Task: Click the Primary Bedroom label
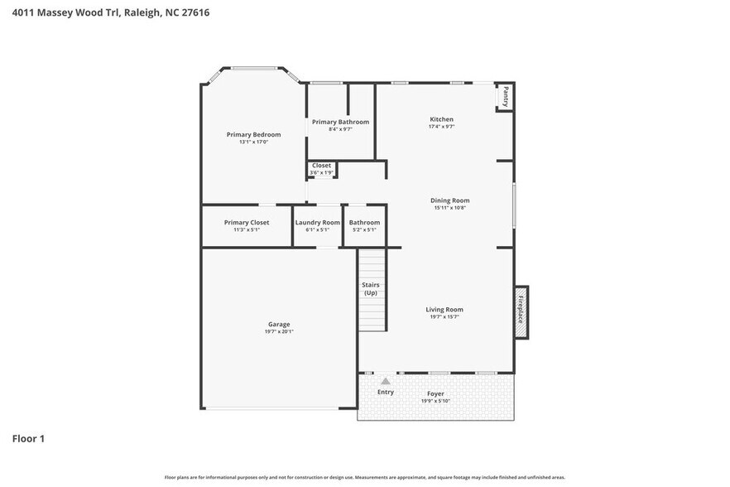click(253, 134)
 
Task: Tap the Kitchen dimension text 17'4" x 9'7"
click(441, 127)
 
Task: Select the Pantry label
click(506, 97)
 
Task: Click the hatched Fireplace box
click(521, 311)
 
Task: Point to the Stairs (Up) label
click(371, 288)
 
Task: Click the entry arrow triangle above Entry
click(385, 381)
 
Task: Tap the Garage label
click(279, 324)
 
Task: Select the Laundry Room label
click(317, 222)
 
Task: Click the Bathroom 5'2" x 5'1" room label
click(364, 222)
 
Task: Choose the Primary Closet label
click(247, 222)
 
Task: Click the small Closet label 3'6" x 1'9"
click(321, 165)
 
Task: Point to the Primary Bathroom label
click(340, 122)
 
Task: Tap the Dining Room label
click(449, 200)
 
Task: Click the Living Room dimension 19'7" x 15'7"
click(444, 316)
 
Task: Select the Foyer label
click(435, 393)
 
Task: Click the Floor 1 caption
click(28, 438)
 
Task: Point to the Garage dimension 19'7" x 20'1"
click(279, 331)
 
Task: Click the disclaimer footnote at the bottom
click(365, 477)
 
